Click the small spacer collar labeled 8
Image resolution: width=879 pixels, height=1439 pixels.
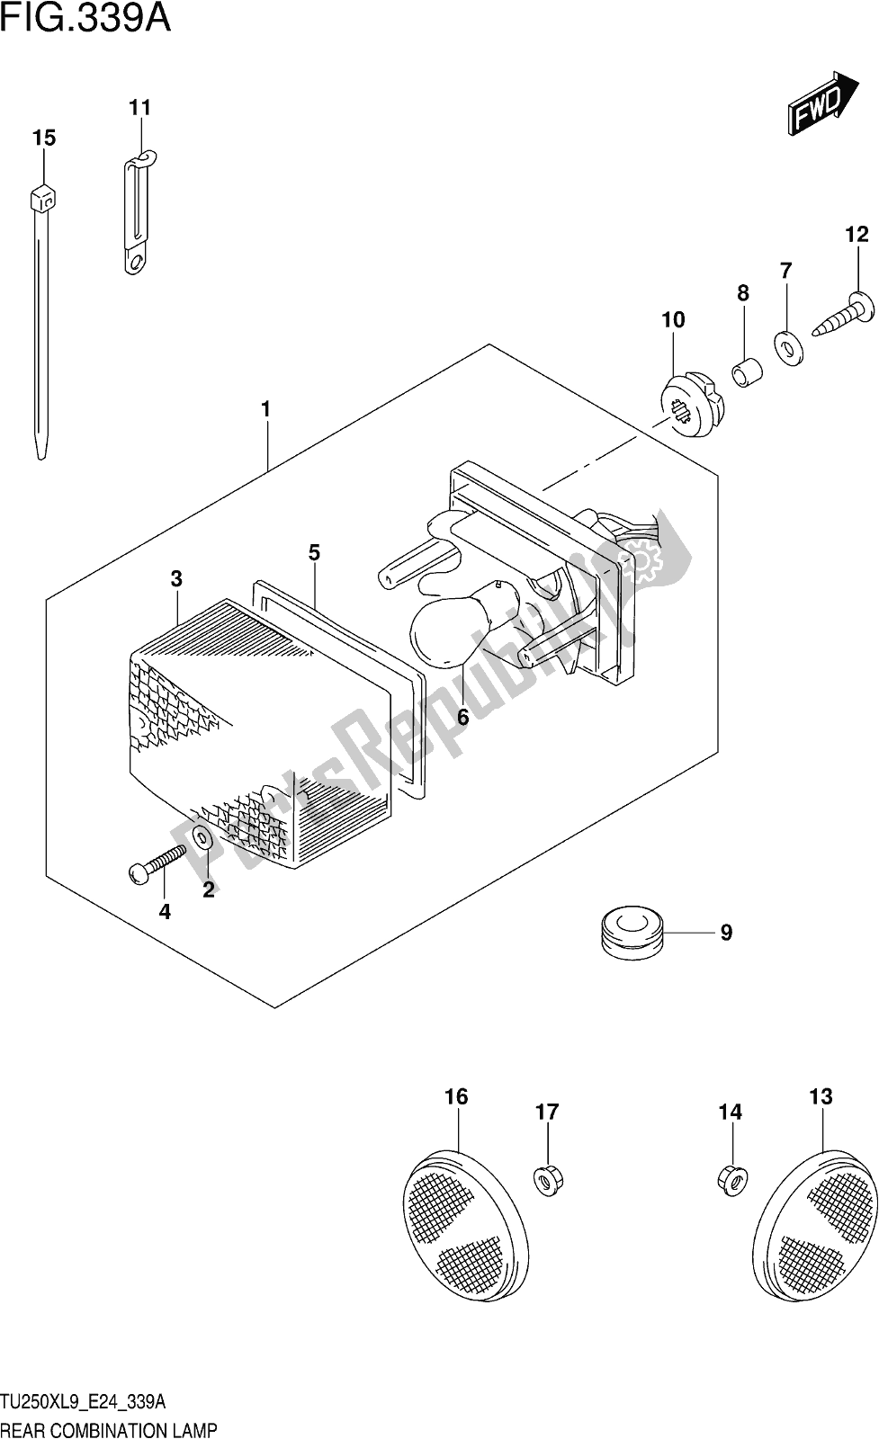746,371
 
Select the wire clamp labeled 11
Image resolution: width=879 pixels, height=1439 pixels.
135,212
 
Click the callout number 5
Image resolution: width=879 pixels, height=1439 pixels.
314,552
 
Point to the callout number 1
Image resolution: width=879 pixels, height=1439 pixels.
265,409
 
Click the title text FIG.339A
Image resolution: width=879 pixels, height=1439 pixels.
86,18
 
